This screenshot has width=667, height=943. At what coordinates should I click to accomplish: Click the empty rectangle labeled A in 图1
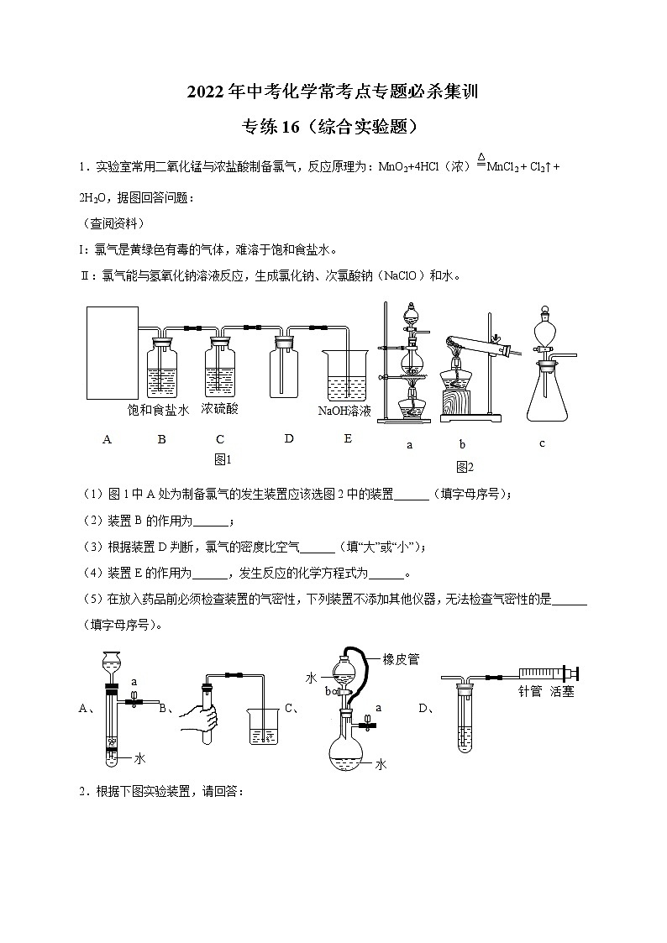(113, 353)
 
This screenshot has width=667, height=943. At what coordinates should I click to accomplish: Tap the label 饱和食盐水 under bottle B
(158, 410)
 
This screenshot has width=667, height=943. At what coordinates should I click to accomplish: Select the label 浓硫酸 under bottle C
(219, 409)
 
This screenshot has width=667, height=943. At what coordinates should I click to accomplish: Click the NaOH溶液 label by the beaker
(344, 411)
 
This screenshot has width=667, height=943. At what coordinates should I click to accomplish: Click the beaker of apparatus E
(346, 376)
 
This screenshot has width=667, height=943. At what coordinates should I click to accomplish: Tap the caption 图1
(223, 459)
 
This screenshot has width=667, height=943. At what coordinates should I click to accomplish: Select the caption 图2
(465, 467)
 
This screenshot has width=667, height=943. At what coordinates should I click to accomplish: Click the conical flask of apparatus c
(546, 394)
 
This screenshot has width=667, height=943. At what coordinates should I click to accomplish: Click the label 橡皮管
(401, 659)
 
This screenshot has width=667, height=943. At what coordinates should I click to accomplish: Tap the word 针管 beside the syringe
(530, 692)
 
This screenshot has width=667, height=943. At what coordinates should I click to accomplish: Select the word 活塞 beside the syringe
(562, 692)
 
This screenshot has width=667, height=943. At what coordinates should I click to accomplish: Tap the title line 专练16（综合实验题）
(332, 127)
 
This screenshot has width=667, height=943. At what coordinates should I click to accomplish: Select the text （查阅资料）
(113, 223)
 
